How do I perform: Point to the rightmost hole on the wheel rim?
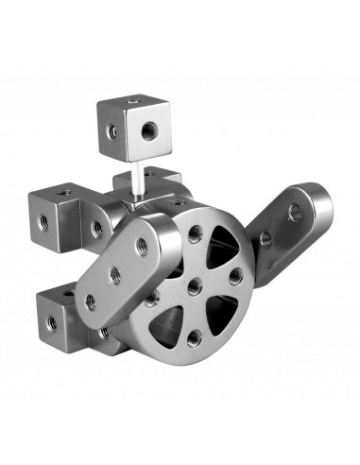click(233, 276)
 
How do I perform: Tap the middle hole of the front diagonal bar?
click(115, 274)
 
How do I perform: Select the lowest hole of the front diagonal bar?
click(91, 301)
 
